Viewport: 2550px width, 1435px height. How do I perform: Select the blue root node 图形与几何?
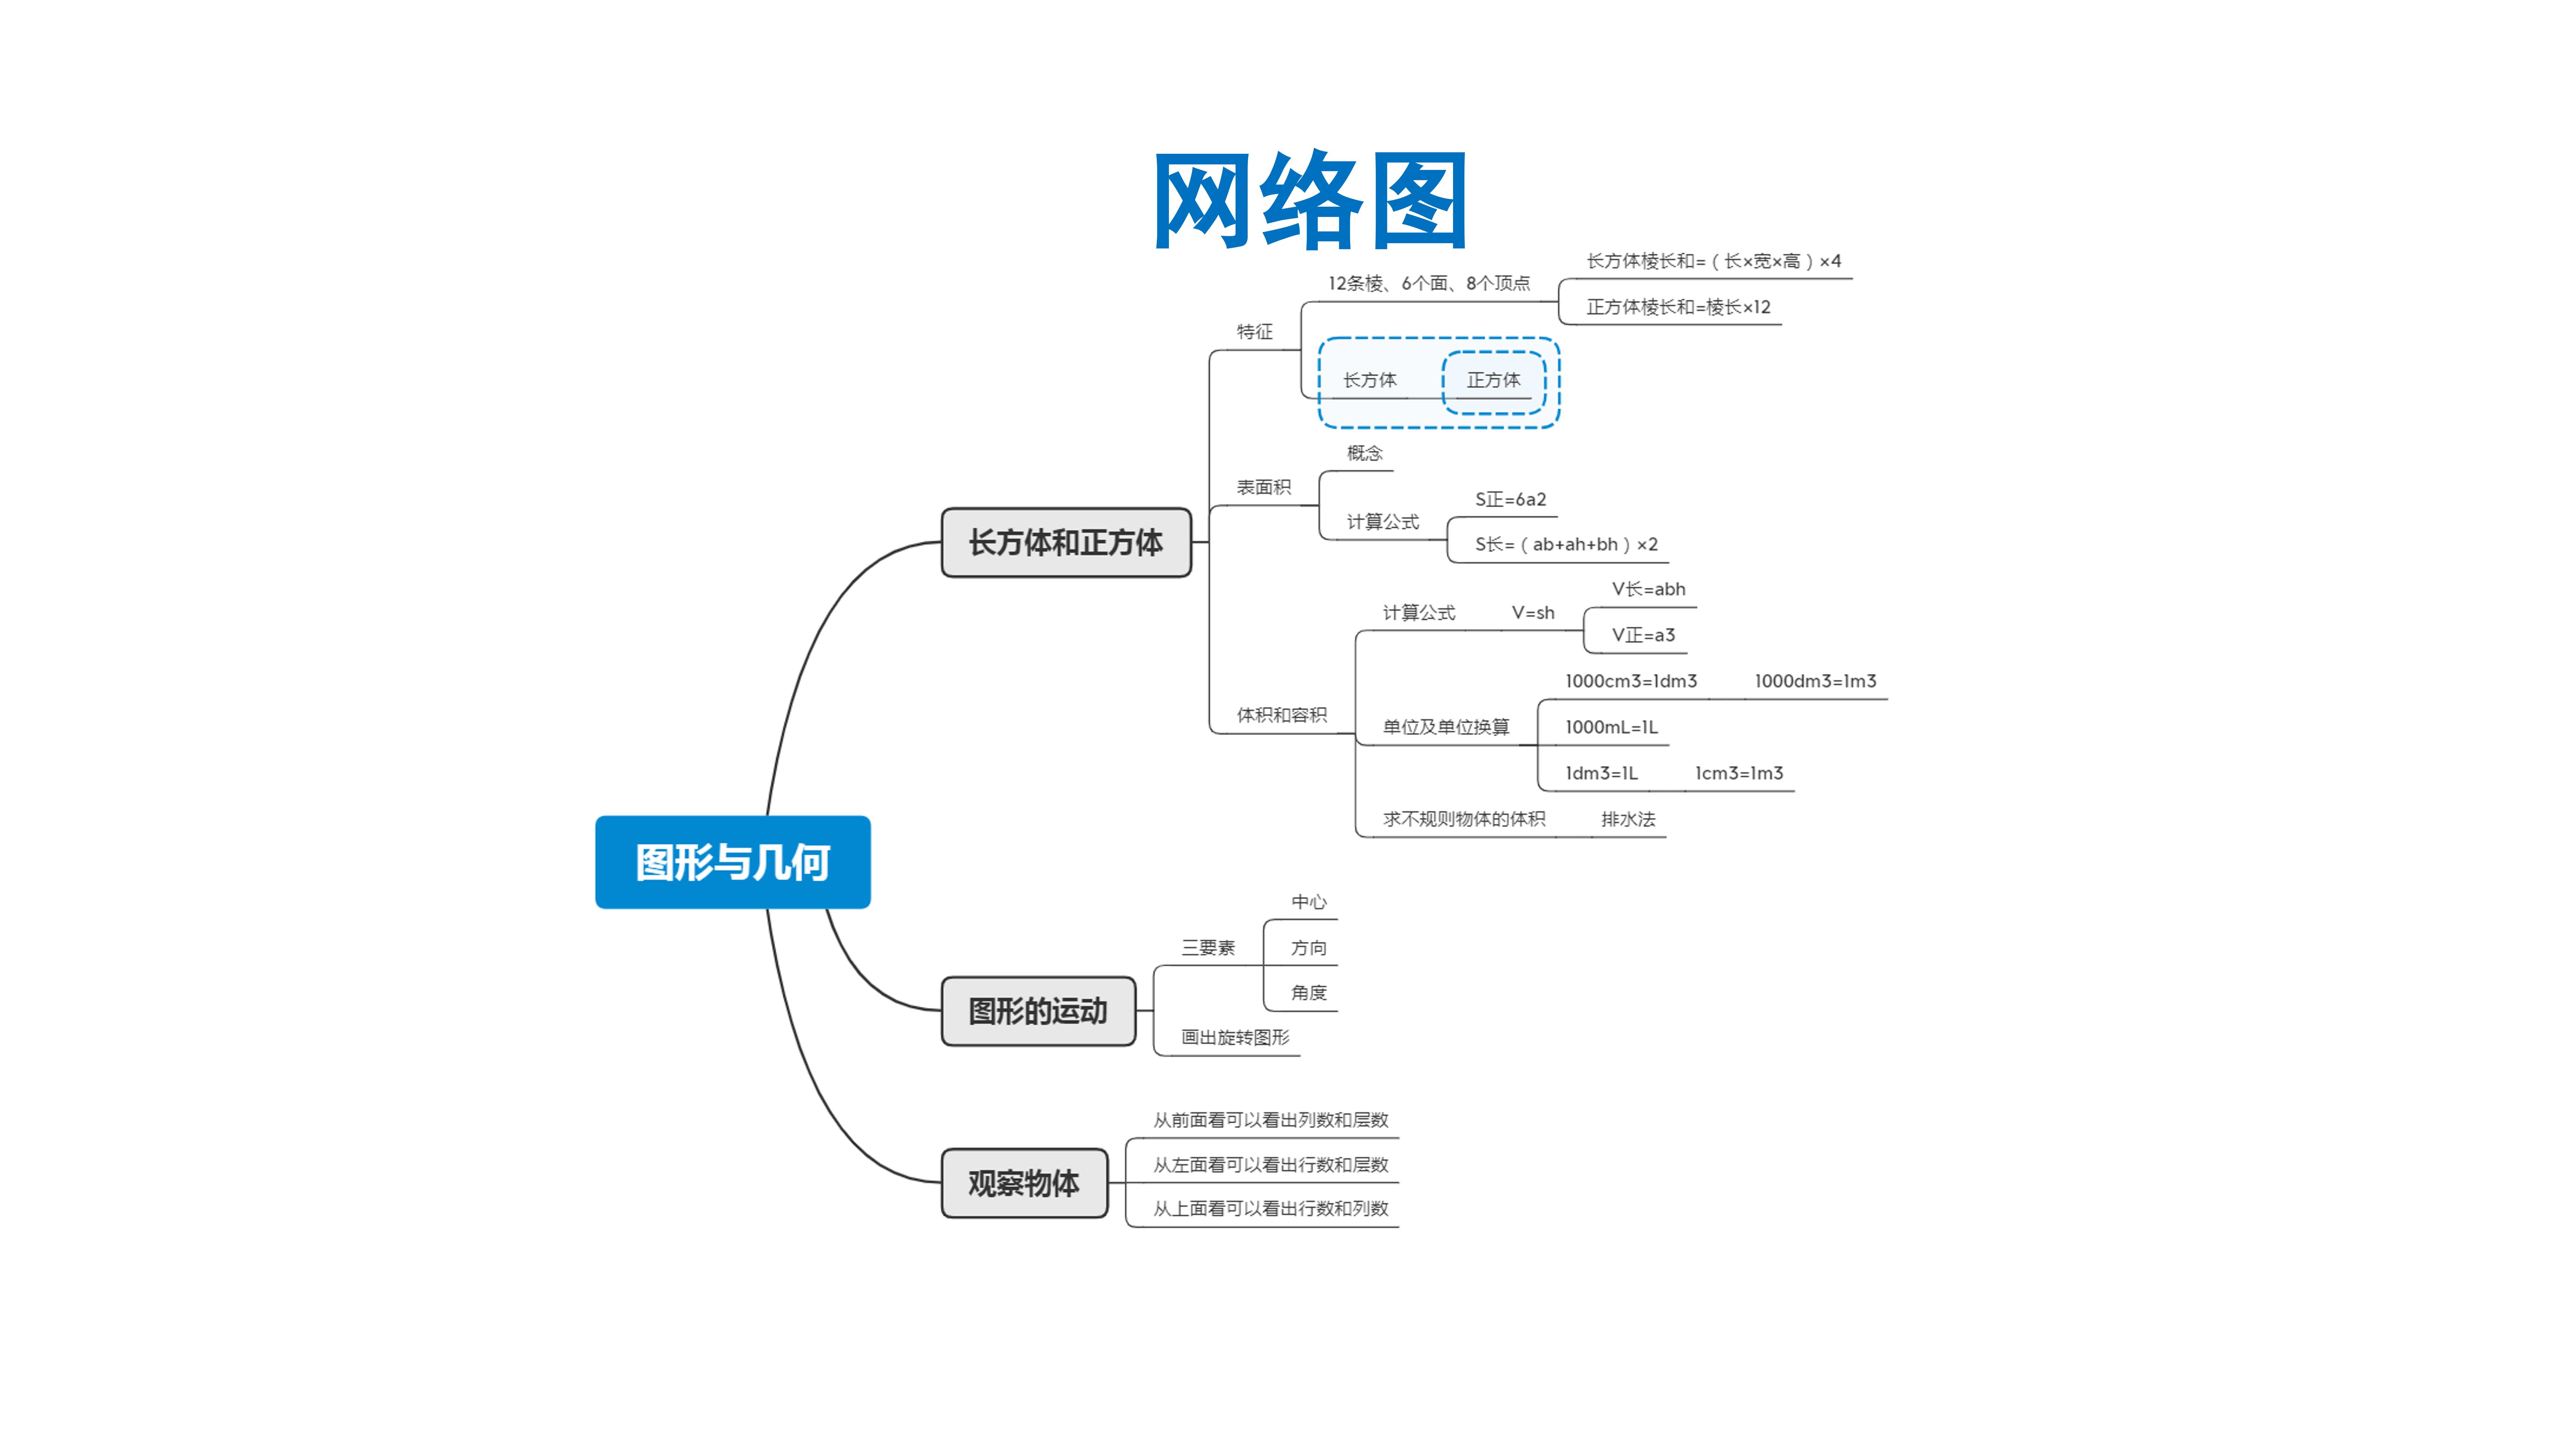click(x=732, y=862)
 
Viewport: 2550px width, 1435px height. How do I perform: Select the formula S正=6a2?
click(x=1510, y=499)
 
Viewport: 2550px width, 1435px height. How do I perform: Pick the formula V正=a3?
click(x=1643, y=635)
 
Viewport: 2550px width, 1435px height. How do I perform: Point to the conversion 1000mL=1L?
click(x=1611, y=727)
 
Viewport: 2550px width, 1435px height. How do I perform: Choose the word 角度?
click(x=1309, y=992)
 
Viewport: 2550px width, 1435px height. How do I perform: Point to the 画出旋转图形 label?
click(x=1235, y=1037)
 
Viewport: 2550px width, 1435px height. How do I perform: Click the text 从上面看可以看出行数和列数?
click(x=1271, y=1208)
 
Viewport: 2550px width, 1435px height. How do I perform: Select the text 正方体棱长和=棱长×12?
click(x=1678, y=307)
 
